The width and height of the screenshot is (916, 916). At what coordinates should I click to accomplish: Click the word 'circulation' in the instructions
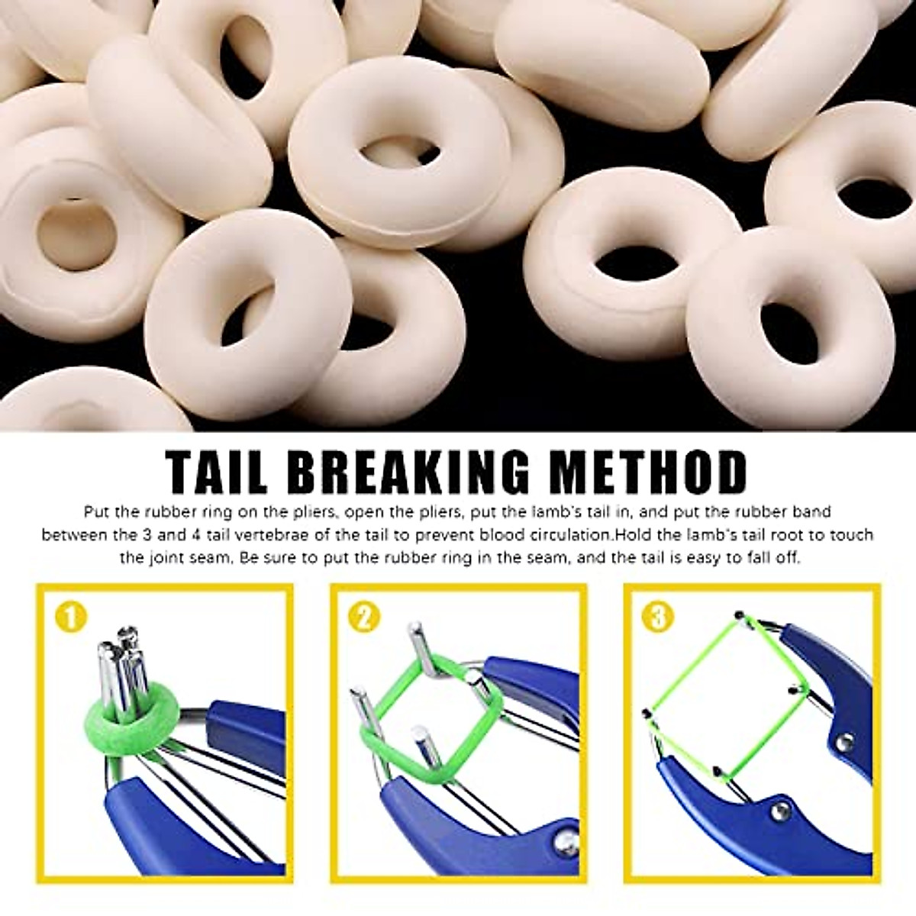(568, 535)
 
